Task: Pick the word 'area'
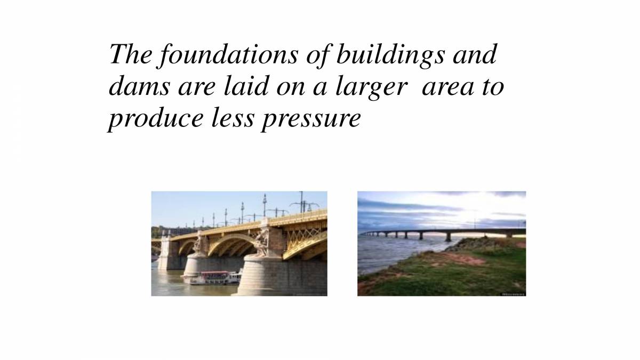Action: point(445,87)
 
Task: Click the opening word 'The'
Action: point(129,55)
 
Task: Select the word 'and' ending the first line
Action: point(474,55)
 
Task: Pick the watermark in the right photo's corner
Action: point(513,293)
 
